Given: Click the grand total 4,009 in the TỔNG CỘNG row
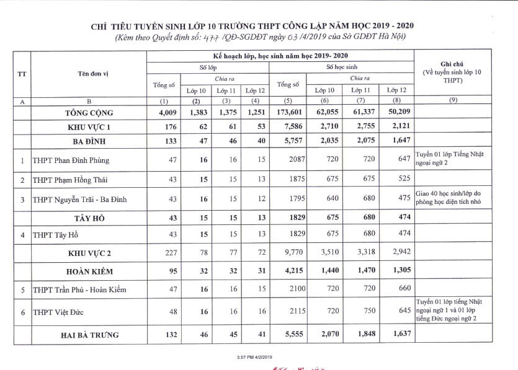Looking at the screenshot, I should tap(163, 113).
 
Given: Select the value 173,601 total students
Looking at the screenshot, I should tap(287, 113).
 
